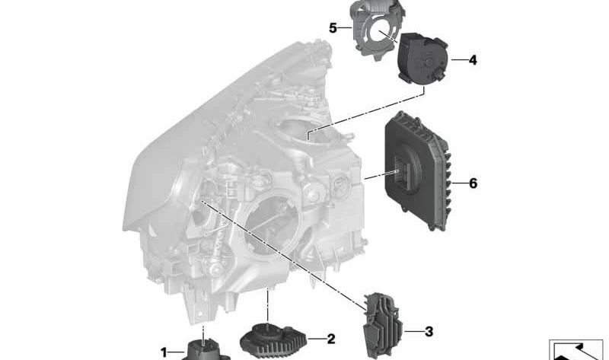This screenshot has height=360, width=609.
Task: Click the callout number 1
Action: coord(164,352)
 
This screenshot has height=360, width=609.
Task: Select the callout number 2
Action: coord(331,339)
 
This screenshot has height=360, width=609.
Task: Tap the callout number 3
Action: coord(429,332)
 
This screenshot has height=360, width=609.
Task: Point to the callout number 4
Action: coord(473,60)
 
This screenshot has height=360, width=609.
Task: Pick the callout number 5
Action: coord(333,28)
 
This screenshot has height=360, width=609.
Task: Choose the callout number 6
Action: coord(473,183)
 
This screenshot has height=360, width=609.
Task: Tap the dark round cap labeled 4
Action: coord(422,59)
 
